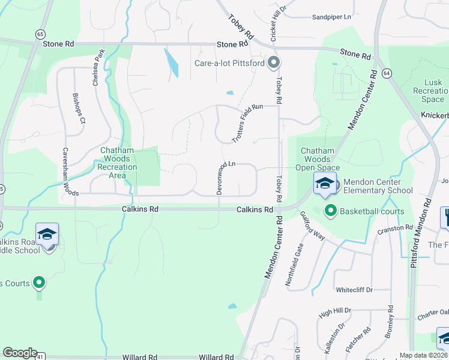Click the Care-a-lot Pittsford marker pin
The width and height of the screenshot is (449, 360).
point(274,62)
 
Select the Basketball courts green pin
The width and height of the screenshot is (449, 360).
point(330,211)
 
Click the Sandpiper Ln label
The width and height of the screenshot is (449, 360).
point(331,17)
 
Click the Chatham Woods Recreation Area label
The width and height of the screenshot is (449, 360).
point(118,163)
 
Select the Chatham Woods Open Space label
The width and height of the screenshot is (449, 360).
point(320,160)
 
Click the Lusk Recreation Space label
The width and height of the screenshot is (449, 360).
point(429,91)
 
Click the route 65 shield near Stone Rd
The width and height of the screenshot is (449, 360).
point(40,35)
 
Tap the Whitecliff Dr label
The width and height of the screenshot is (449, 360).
point(354,290)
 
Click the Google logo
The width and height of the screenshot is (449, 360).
point(20,353)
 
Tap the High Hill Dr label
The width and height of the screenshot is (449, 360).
point(334,312)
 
